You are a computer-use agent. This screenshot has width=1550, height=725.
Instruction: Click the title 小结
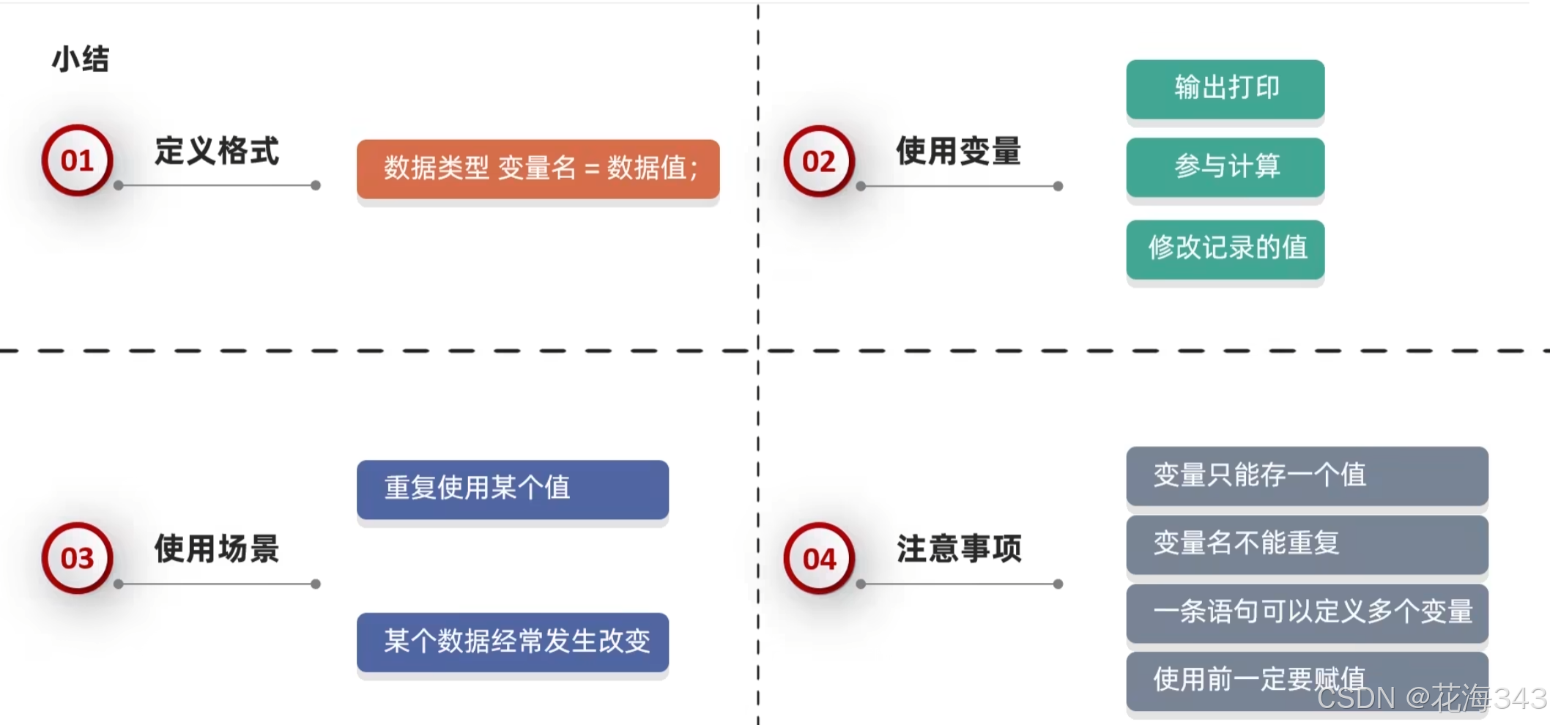pyautogui.click(x=81, y=59)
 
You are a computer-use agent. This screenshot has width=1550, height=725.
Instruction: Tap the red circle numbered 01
pyautogui.click(x=77, y=160)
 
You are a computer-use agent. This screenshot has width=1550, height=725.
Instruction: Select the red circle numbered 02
pyautogui.click(x=819, y=161)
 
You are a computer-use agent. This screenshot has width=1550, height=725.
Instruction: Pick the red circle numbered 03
pyautogui.click(x=77, y=558)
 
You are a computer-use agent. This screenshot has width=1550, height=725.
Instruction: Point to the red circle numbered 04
pyautogui.click(x=819, y=559)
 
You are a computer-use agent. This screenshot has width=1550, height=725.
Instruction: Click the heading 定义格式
pyautogui.click(x=217, y=152)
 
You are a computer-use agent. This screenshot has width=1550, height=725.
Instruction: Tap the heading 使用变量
pyautogui.click(x=958, y=152)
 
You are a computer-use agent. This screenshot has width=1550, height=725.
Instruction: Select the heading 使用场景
pyautogui.click(x=217, y=549)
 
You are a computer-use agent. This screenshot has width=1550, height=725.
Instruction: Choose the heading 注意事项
pyautogui.click(x=958, y=549)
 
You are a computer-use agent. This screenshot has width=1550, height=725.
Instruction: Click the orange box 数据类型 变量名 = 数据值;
pyautogui.click(x=538, y=168)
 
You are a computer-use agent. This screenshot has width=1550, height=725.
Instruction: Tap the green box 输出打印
pyautogui.click(x=1225, y=89)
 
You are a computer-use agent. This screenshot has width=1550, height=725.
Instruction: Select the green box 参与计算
pyautogui.click(x=1225, y=167)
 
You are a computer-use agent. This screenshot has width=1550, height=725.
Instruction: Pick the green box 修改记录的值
pyautogui.click(x=1225, y=248)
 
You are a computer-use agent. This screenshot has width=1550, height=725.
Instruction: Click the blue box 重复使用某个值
pyautogui.click(x=513, y=488)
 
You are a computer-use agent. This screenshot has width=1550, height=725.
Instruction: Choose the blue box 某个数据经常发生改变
pyautogui.click(x=513, y=642)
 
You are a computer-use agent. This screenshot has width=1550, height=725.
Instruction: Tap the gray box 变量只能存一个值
pyautogui.click(x=1307, y=475)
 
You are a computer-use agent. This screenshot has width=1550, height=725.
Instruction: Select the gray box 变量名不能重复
pyautogui.click(x=1307, y=543)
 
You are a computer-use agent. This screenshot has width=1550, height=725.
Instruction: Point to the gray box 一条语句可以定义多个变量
pyautogui.click(x=1307, y=612)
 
